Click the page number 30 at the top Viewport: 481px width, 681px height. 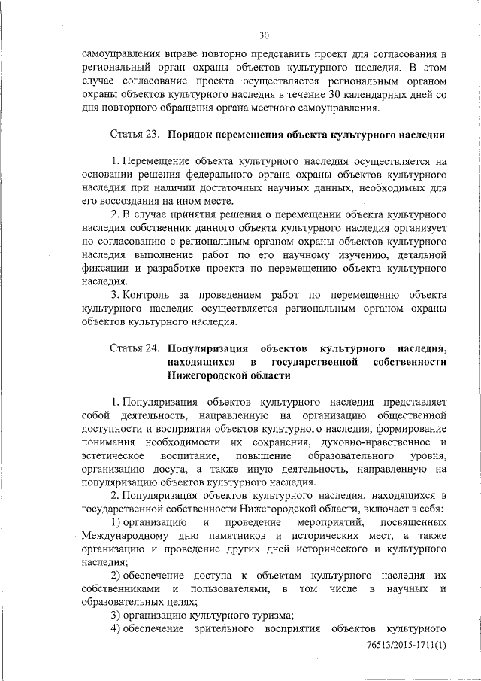tap(264, 35)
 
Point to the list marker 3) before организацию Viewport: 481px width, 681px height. tap(116, 615)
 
